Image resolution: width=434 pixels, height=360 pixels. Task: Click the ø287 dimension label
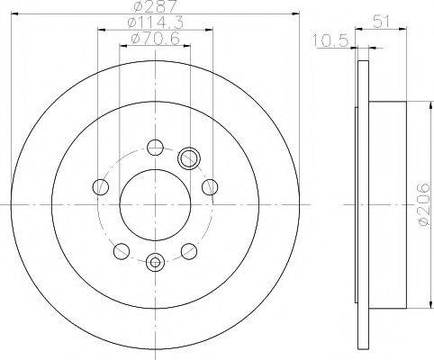click(155, 6)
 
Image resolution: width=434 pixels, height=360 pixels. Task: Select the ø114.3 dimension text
click(155, 22)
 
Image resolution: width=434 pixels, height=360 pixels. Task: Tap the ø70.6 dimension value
click(155, 39)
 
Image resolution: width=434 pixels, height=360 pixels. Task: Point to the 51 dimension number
click(381, 22)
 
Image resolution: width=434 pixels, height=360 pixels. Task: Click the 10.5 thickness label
click(330, 40)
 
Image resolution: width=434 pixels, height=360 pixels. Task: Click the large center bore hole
click(155, 205)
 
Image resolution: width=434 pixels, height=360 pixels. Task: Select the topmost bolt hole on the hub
click(155, 147)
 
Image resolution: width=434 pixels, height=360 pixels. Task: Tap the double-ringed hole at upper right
click(189, 157)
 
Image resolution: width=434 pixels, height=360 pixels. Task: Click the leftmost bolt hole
click(101, 187)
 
